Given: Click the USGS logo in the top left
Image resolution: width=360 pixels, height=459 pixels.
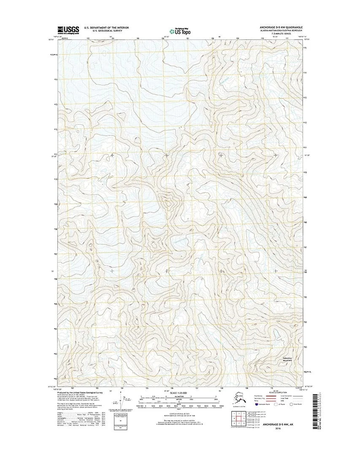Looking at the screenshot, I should point(68,30).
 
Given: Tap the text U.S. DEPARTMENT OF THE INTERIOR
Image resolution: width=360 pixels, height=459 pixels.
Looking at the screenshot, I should point(106,27).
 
